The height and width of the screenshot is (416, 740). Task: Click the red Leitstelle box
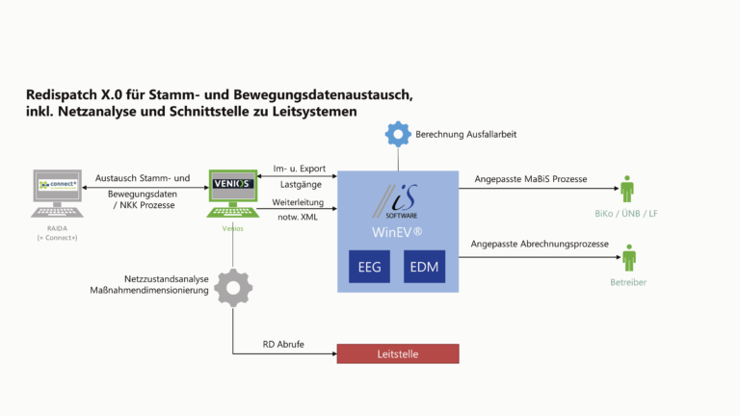coord(397,353)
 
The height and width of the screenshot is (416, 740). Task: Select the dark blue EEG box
coord(370,266)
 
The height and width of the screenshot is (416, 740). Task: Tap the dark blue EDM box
coord(424,266)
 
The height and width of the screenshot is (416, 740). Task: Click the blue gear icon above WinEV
coord(398,134)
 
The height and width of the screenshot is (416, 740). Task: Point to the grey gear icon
coord(233,287)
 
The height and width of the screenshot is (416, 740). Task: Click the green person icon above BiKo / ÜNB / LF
coord(628,189)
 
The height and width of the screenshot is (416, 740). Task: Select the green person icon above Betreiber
coord(629,257)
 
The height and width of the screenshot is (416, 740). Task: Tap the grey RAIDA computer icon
coord(56,193)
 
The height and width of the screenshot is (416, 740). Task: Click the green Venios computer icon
coord(233,194)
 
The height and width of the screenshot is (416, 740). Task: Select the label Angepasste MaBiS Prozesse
coord(530,179)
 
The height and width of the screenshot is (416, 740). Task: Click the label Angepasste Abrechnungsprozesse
coord(540,245)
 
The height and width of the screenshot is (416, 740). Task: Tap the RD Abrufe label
coord(284,344)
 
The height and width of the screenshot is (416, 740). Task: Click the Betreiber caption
coord(628,282)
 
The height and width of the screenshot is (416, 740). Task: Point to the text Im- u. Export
coord(303,165)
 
